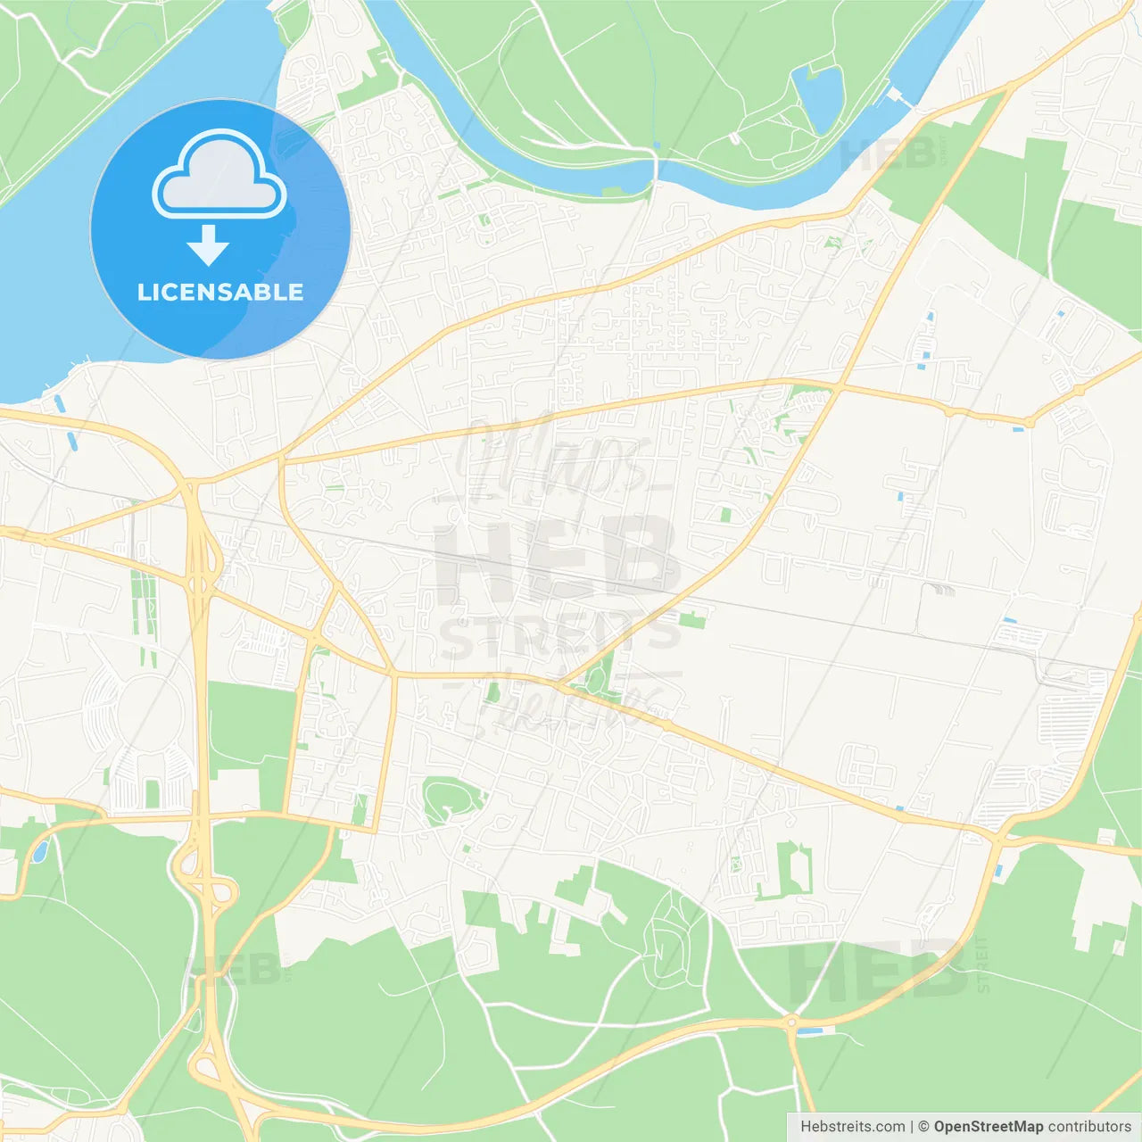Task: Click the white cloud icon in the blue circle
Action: pyautogui.click(x=219, y=175)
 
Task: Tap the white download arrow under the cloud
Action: pyautogui.click(x=208, y=245)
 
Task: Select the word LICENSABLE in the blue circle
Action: pyautogui.click(x=220, y=292)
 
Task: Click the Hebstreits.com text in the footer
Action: pyautogui.click(x=852, y=1127)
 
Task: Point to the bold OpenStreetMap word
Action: pyautogui.click(x=988, y=1127)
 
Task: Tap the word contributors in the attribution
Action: pyautogui.click(x=1089, y=1127)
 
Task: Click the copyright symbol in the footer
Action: pyautogui.click(x=924, y=1127)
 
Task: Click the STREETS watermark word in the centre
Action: pyautogui.click(x=560, y=635)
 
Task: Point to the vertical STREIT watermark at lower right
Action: pyautogui.click(x=982, y=964)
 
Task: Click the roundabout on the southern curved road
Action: pyautogui.click(x=791, y=1022)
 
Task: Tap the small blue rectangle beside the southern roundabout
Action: pyautogui.click(x=810, y=1032)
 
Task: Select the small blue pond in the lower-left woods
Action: pyautogui.click(x=39, y=851)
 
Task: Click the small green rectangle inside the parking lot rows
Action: pyautogui.click(x=153, y=793)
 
